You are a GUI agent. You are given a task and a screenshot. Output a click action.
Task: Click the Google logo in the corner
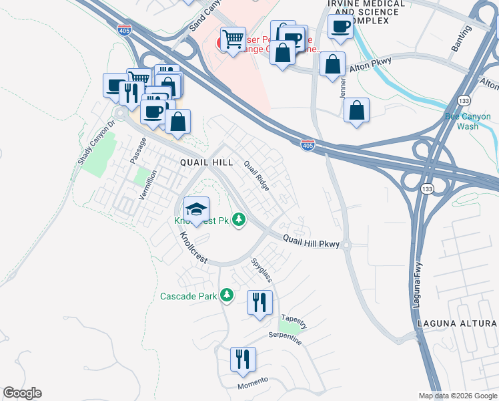[22, 393]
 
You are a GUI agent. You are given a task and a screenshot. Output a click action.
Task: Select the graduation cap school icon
[196, 210]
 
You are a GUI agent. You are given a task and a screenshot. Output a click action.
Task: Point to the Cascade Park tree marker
[227, 295]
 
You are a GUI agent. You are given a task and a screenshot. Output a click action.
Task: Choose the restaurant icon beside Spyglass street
[260, 302]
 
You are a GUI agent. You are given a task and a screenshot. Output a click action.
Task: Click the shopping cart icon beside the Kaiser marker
[233, 39]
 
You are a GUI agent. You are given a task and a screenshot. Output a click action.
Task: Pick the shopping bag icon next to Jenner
[332, 65]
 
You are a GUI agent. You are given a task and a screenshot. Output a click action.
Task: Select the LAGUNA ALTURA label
[457, 323]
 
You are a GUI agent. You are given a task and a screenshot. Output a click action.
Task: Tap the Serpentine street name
[285, 338]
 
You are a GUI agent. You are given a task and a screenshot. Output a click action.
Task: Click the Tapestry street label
[294, 321]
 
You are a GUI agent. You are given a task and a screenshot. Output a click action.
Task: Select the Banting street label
[461, 38]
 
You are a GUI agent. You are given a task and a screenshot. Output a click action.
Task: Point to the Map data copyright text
[457, 396]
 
